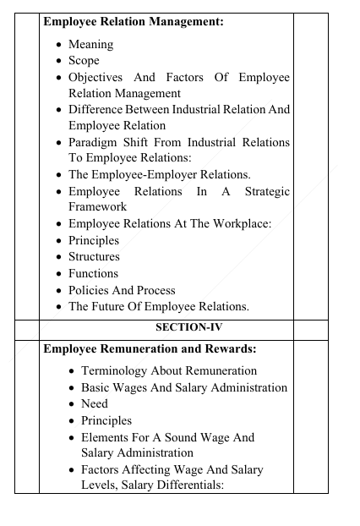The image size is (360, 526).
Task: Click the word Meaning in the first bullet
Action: pyautogui.click(x=90, y=45)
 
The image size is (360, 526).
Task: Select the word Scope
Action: pyautogui.click(x=84, y=61)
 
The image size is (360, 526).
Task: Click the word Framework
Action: pyautogui.click(x=97, y=207)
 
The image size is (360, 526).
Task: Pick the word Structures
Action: pyautogui.click(x=94, y=256)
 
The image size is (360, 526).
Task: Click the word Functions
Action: pyautogui.click(x=93, y=273)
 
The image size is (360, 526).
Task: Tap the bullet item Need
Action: pyautogui.click(x=95, y=403)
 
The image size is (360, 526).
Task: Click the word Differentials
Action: pyautogui.click(x=220, y=485)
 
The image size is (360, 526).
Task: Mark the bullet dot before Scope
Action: pyautogui.click(x=58, y=61)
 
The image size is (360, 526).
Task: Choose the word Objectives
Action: pyautogui.click(x=100, y=78)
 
